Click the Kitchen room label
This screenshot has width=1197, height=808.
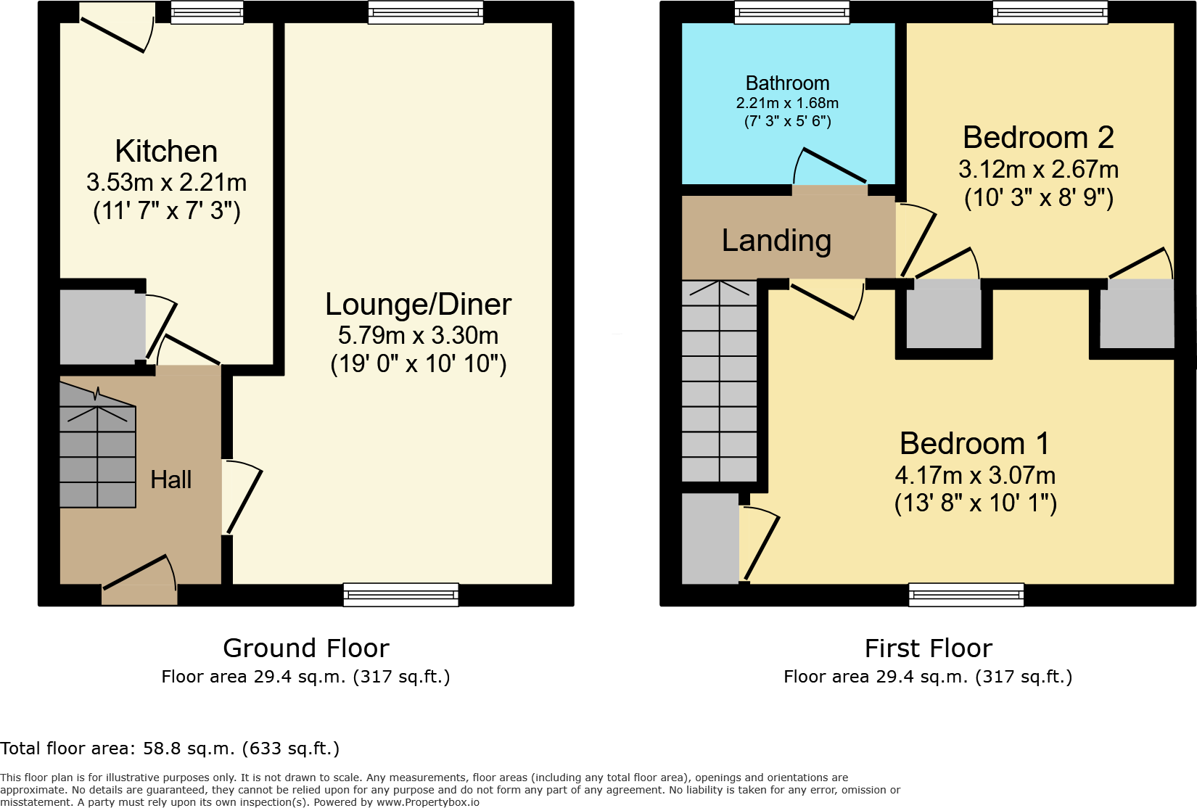pos(166,152)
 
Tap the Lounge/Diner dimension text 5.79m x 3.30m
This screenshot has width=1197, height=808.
pos(418,336)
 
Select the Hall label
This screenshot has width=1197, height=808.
pos(170,479)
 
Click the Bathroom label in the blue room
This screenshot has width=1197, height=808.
pos(787,83)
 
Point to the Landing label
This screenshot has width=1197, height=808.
pos(776,241)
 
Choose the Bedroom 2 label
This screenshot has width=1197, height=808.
pos(1038,138)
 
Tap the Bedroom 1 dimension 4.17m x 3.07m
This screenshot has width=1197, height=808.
pos(975,476)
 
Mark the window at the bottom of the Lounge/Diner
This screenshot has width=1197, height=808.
pos(400,594)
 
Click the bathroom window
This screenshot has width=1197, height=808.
pos(791,12)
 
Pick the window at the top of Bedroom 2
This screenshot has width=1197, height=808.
pos(1050,12)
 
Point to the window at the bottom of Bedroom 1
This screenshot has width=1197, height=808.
pos(966,594)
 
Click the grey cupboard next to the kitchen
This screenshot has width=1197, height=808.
pos(101,327)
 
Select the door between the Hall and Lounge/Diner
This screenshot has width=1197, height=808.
pos(242,498)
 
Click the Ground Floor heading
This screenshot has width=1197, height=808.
pos(305,648)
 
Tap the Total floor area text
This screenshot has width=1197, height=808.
pos(170,749)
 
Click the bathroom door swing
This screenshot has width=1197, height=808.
pos(829,168)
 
